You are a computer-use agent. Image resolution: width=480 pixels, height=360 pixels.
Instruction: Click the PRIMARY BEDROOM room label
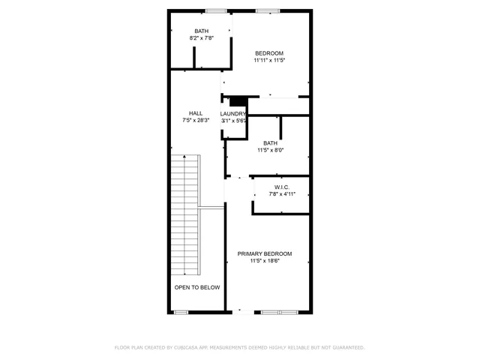(x=265, y=253)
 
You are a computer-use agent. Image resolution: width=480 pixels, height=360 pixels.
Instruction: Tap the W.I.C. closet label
(x=282, y=187)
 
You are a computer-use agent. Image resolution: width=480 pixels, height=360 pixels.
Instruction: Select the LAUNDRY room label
(x=233, y=114)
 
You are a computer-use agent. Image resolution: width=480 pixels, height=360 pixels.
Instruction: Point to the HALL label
(x=196, y=113)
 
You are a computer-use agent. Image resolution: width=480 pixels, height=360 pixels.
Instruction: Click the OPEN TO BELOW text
(x=197, y=287)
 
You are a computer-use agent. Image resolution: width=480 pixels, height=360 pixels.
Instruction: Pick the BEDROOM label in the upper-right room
(x=269, y=52)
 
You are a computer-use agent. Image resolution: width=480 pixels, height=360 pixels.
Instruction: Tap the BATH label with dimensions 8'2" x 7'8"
(x=201, y=31)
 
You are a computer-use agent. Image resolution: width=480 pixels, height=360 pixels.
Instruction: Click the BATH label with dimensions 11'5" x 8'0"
(x=270, y=142)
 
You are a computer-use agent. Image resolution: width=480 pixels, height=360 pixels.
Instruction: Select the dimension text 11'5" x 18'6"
(x=265, y=261)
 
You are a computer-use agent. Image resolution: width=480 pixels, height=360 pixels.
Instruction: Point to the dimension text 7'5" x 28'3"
(x=196, y=120)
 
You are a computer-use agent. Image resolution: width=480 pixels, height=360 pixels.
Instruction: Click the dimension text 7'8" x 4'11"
(x=282, y=193)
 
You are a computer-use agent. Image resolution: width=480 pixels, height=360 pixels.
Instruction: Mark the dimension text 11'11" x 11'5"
(x=269, y=60)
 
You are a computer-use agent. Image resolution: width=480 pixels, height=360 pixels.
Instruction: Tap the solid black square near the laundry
(x=238, y=102)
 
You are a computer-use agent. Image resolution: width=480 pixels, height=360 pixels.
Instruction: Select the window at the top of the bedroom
(x=268, y=10)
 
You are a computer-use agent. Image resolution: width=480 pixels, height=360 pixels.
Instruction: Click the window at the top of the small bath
(x=217, y=10)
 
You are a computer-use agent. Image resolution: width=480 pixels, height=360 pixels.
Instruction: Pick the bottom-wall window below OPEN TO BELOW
(x=181, y=312)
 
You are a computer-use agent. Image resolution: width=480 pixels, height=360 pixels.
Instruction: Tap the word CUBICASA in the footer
(x=184, y=348)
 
